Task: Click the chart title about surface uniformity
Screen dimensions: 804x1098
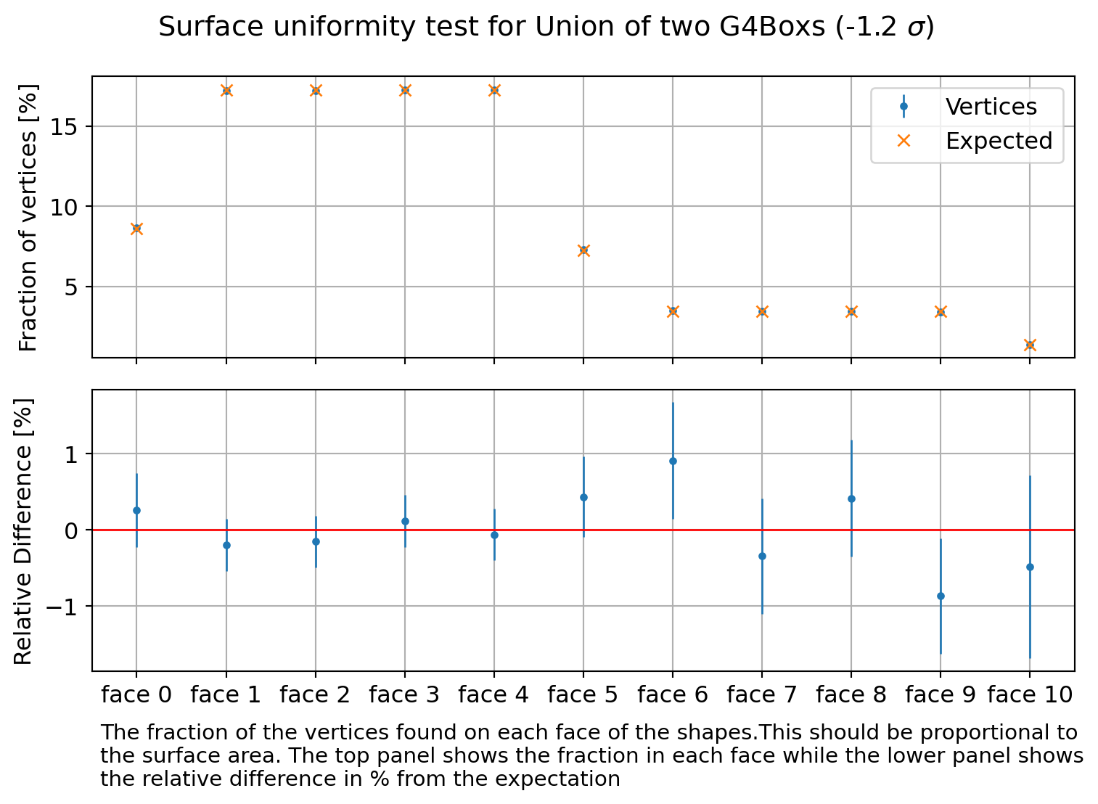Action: [546, 28]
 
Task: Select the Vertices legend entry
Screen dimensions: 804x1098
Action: [991, 107]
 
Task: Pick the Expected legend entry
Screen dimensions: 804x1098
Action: [998, 141]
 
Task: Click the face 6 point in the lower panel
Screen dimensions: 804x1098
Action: [673, 461]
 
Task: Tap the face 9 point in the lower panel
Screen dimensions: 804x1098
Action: [941, 596]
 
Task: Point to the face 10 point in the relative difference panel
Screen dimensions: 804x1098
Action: [1030, 567]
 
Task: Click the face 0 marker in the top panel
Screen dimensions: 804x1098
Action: [136, 229]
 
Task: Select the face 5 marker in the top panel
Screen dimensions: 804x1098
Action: [583, 250]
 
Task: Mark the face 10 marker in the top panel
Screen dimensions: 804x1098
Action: [1030, 345]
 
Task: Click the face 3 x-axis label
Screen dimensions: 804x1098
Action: [404, 695]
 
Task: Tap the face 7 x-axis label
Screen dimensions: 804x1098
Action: [762, 695]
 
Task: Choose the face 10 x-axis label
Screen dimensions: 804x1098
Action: [1030, 695]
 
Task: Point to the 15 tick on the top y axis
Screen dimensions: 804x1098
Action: [69, 127]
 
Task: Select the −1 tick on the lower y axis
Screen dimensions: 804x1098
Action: [64, 607]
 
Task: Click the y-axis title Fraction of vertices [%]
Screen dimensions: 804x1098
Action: [28, 218]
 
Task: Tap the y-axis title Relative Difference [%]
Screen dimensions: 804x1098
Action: [24, 530]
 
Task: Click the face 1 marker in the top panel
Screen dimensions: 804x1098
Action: [226, 91]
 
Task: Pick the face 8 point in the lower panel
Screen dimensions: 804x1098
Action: [851, 499]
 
